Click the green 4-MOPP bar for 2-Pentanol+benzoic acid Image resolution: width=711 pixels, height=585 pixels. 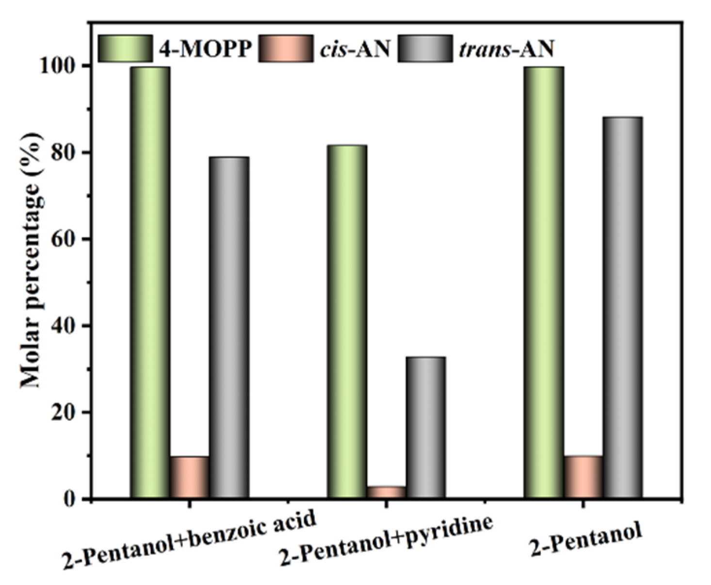pos(150,282)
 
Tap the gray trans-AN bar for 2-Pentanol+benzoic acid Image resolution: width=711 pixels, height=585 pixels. pos(229,328)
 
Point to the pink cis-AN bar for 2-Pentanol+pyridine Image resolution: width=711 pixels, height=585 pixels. pos(386,492)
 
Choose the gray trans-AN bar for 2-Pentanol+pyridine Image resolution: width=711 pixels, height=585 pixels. pos(425,428)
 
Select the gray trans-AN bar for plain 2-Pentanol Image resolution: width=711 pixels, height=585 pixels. pos(622,308)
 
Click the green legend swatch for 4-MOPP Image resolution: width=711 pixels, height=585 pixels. pos(125,49)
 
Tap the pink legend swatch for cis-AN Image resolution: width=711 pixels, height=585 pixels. pos(285,49)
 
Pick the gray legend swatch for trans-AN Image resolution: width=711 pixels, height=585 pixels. pos(425,49)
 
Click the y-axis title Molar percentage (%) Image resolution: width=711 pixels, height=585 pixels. pos(32,260)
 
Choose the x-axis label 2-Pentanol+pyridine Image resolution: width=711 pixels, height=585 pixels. pos(387,540)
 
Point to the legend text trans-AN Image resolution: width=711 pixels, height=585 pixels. pos(506,49)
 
